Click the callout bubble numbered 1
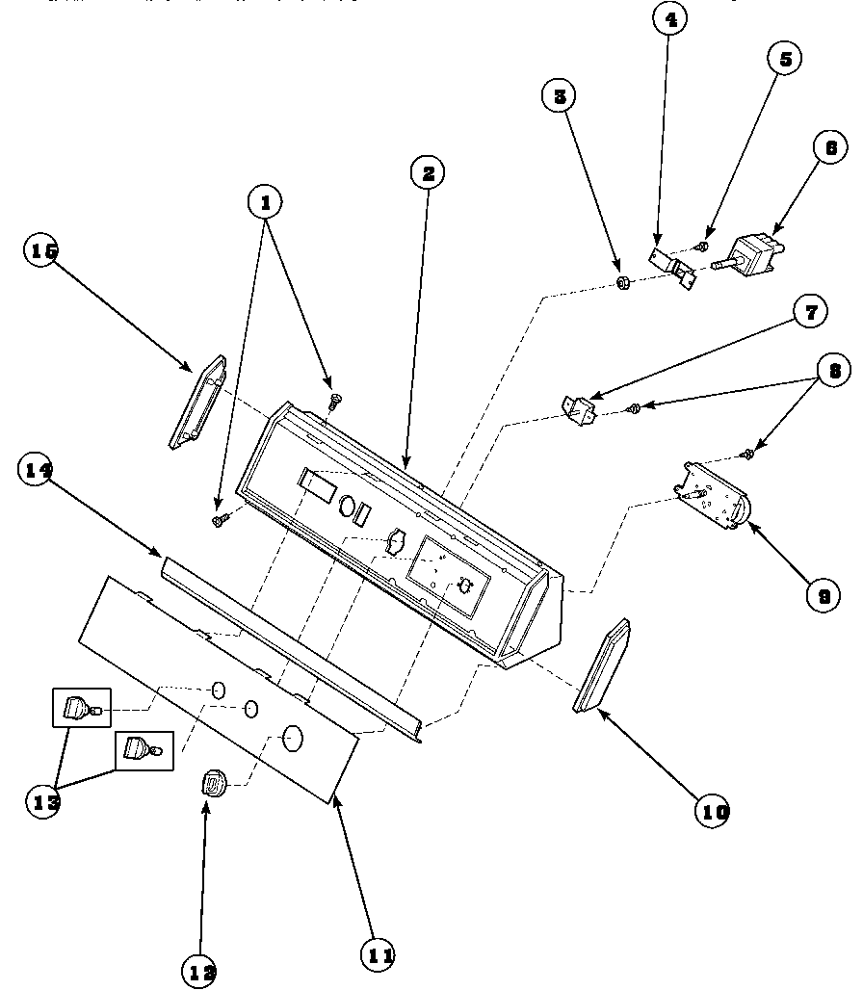[x=266, y=202]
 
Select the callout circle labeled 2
[x=428, y=173]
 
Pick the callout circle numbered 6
[x=830, y=148]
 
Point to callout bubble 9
[x=824, y=595]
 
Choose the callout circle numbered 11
[x=378, y=955]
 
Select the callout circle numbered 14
[x=38, y=471]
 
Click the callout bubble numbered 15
[x=41, y=250]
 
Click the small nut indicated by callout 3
[x=622, y=283]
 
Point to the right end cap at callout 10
[x=601, y=667]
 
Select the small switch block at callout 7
[x=580, y=408]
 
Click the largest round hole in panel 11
[x=292, y=740]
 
